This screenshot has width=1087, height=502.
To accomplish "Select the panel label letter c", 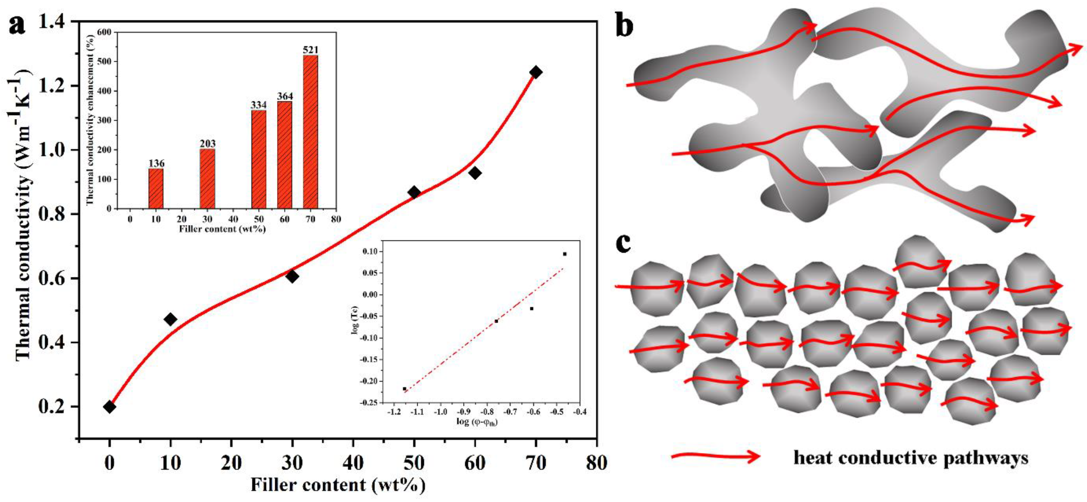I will (623, 244).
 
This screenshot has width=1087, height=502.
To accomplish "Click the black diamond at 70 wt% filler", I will (536, 72).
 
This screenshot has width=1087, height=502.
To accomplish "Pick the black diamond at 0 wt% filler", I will (110, 407).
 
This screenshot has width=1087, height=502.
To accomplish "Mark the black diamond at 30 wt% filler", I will (292, 277).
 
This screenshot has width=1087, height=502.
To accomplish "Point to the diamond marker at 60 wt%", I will (475, 173).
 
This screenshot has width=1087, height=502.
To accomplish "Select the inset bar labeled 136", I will (156, 188).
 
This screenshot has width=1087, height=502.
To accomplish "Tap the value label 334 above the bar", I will (259, 105).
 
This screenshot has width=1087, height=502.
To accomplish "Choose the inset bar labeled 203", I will (207, 179).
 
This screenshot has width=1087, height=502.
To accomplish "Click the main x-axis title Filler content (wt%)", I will (337, 485).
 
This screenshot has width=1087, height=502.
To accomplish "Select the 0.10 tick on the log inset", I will (371, 252).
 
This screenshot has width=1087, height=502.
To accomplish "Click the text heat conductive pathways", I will (910, 458).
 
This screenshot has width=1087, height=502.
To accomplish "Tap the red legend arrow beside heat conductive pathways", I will (715, 456).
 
